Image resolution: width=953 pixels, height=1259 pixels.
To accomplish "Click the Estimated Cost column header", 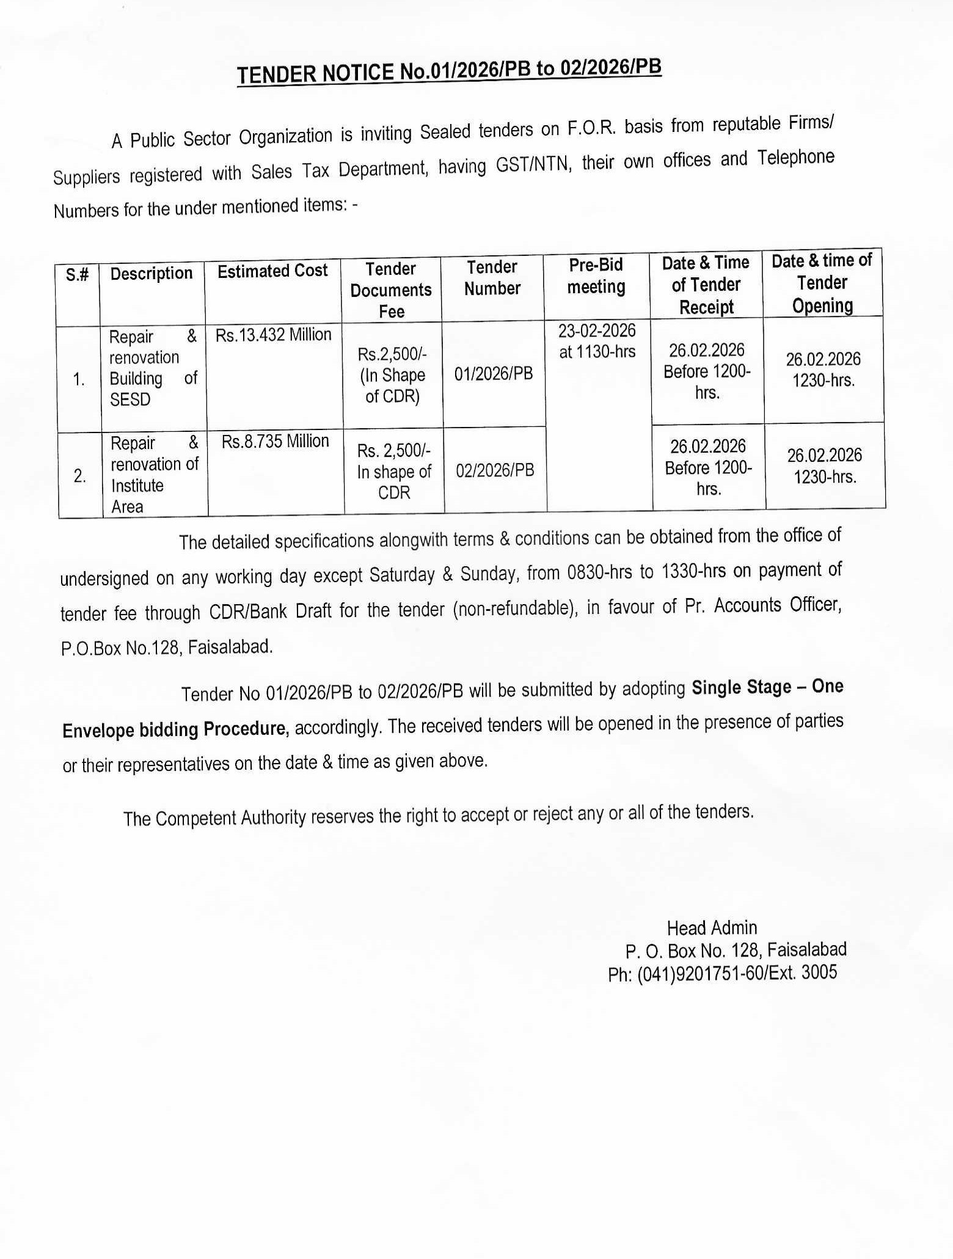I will point(272,271).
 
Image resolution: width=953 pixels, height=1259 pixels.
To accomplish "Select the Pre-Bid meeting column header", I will point(596,276).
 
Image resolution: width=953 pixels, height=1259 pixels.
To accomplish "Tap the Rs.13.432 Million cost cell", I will point(273,335).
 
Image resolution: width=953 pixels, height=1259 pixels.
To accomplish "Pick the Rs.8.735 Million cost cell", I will point(275,441).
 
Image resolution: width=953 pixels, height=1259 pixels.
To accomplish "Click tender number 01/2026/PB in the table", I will point(494,373).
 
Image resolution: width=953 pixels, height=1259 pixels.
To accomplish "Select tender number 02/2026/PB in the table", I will point(495,470).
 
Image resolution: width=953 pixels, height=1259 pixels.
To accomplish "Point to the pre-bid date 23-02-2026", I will point(597,330).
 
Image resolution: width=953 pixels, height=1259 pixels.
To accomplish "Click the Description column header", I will point(152,273).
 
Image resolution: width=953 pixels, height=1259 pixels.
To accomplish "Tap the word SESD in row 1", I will point(130,400).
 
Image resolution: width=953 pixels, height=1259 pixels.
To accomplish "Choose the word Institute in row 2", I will point(137,486).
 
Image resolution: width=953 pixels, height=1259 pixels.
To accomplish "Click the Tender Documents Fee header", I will point(391,290).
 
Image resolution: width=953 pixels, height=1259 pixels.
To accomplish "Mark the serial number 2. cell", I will point(79,476).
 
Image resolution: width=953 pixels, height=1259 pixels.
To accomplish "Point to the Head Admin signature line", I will point(712,928).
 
